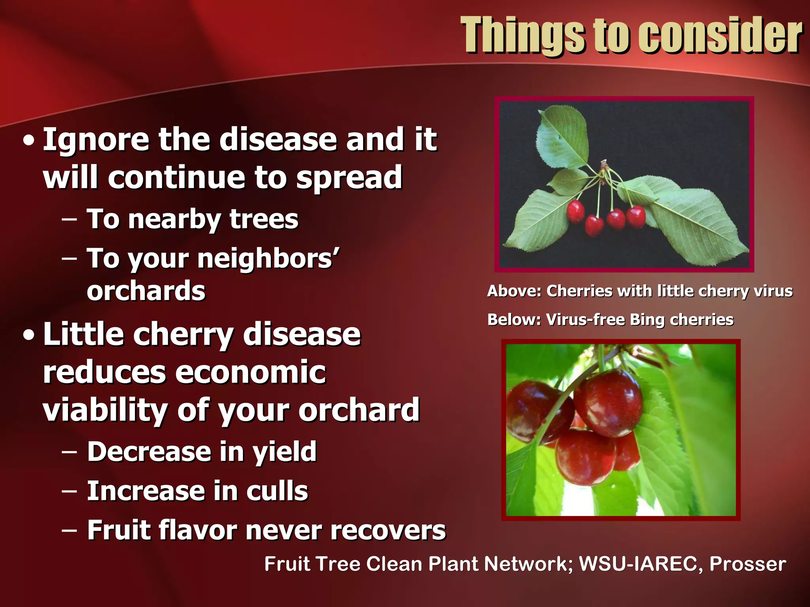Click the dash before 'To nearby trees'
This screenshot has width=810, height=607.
click(x=70, y=220)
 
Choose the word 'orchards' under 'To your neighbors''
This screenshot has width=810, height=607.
click(x=146, y=291)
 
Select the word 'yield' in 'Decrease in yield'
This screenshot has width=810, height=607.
click(x=285, y=452)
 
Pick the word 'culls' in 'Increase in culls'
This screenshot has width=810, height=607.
click(x=277, y=491)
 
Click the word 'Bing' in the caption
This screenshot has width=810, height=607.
click(x=647, y=320)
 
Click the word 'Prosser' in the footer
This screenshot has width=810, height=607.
click(x=748, y=564)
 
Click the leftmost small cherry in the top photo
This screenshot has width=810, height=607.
click(x=575, y=211)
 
